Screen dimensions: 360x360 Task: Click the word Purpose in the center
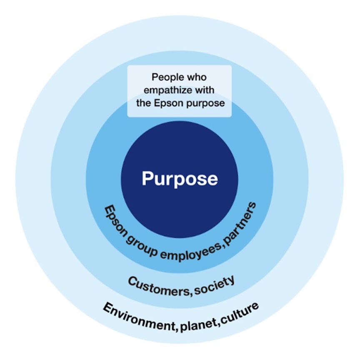[180, 179]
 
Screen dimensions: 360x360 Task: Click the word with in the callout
[213, 90]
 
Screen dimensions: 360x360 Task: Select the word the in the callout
[146, 102]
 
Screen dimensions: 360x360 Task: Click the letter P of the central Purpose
[147, 178]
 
